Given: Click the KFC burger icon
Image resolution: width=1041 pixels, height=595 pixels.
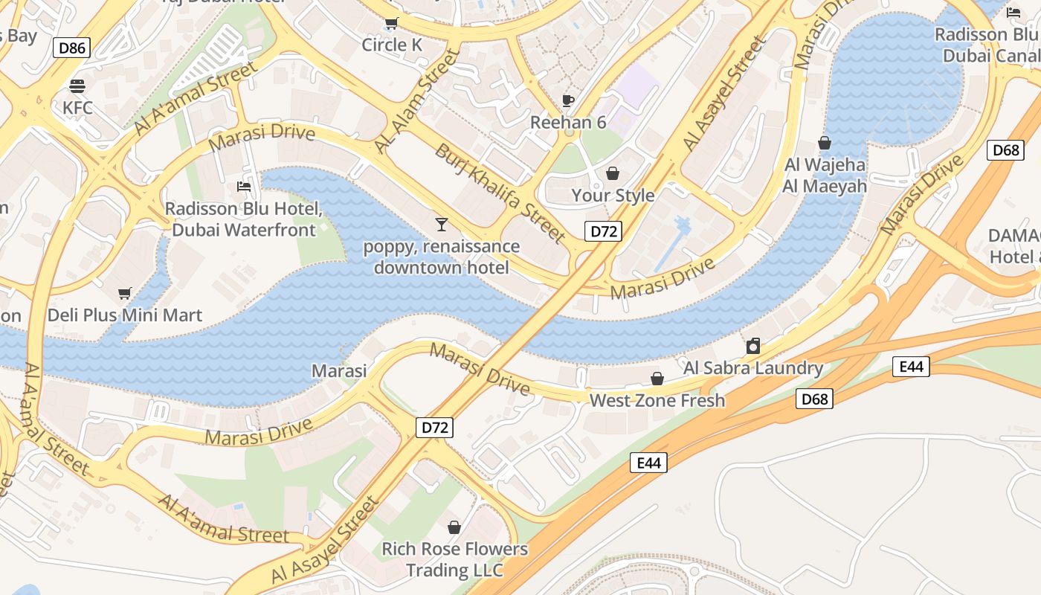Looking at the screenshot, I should [77, 86].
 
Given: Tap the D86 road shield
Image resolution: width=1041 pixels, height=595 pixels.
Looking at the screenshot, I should [72, 48].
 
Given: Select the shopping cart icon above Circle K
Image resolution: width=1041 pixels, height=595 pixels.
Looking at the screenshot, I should [391, 23].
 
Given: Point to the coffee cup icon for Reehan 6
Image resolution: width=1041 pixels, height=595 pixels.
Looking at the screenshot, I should [568, 100].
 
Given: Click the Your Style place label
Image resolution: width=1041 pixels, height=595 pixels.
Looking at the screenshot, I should [613, 196].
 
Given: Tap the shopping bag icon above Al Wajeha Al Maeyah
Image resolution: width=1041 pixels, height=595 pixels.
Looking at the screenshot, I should [824, 142].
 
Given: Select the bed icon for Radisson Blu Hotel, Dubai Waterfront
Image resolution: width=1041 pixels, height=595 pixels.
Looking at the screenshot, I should [243, 187].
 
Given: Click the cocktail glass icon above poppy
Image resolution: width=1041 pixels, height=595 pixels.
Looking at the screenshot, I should [442, 224].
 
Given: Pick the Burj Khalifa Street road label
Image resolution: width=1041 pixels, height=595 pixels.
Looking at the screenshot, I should [500, 193].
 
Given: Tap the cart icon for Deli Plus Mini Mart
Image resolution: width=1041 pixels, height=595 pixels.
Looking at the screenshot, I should [124, 294].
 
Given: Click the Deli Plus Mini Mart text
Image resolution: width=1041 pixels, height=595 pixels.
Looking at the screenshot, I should [125, 315].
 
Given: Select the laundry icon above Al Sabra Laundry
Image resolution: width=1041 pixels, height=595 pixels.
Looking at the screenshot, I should [753, 346].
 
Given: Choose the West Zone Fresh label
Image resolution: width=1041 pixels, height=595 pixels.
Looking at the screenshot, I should [657, 401].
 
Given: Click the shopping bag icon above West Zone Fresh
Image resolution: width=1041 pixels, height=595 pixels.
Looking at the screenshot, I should [657, 379].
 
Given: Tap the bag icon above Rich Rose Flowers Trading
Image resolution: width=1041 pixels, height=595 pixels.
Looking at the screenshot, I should [454, 527].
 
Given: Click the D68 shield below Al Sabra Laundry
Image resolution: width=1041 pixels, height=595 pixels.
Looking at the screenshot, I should [814, 399].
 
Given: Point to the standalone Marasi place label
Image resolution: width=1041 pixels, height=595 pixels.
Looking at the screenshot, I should [339, 370].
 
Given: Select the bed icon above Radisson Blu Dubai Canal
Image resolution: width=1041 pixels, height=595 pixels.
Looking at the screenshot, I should [1013, 13].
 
